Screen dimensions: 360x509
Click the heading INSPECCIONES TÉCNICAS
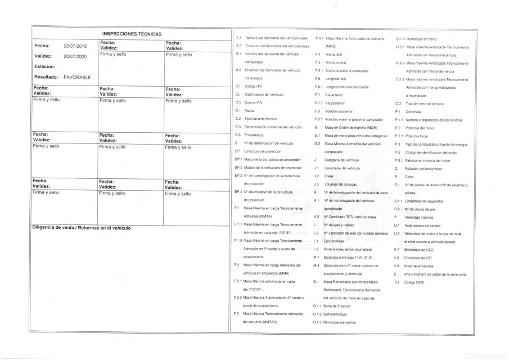[x=132, y=34]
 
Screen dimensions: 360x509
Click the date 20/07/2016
[x=75, y=46]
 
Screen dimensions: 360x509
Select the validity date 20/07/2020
[x=75, y=56]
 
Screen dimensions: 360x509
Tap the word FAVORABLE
[x=78, y=77]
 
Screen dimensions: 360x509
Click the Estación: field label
[x=44, y=66]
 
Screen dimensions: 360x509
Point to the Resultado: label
[x=46, y=77]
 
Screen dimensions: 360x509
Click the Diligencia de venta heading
[x=82, y=228]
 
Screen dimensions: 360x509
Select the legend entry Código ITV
[x=255, y=86]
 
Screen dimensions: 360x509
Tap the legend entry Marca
[x=250, y=111]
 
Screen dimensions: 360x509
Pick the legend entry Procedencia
[x=255, y=135]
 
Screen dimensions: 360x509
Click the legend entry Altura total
[x=334, y=54]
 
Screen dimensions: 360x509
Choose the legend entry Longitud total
[x=335, y=79]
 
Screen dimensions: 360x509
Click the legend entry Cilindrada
[x=413, y=111]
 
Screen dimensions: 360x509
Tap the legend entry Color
[x=409, y=176]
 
